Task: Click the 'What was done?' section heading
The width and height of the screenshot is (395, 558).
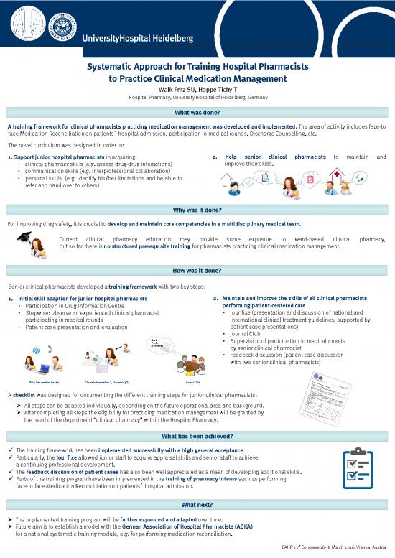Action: (197, 113)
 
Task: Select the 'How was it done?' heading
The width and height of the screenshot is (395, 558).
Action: (197, 271)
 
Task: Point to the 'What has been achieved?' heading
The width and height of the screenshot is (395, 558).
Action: (197, 436)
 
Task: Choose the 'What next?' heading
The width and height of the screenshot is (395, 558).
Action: (197, 504)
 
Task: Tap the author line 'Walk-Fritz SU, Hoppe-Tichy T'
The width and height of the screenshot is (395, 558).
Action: (197, 88)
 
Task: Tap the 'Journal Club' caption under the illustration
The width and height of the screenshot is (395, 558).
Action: (192, 383)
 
